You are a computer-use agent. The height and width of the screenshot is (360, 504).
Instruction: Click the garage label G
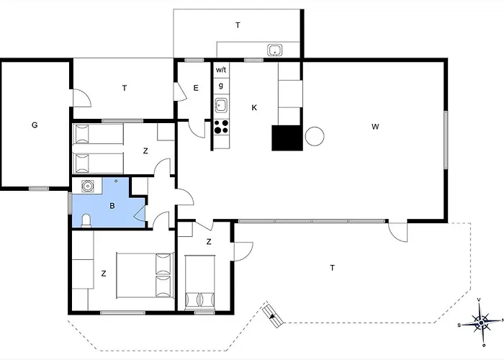(35, 125)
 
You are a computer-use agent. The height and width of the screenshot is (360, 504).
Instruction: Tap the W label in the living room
(375, 127)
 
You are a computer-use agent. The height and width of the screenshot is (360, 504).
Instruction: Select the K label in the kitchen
(254, 108)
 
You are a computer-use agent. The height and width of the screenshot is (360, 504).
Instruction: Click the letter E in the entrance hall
(196, 88)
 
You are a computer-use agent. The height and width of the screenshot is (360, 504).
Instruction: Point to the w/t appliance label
(221, 70)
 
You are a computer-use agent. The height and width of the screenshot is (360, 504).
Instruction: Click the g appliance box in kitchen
(221, 86)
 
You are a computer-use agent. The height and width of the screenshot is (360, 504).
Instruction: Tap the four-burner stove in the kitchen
(222, 126)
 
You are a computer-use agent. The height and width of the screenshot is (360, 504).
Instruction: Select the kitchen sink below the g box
(221, 105)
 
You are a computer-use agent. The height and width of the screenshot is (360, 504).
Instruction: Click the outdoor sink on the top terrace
(275, 50)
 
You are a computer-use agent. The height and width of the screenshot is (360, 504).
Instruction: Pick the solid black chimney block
(287, 138)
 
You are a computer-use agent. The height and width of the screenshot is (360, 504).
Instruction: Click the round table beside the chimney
(315, 137)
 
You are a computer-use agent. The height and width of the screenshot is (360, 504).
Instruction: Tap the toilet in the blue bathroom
(86, 221)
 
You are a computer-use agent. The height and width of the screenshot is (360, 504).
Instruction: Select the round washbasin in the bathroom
(87, 186)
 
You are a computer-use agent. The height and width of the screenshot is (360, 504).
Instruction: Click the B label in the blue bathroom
(112, 206)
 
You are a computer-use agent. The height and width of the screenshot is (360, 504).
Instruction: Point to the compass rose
(481, 322)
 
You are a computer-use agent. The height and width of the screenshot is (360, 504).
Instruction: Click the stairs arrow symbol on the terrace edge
(273, 315)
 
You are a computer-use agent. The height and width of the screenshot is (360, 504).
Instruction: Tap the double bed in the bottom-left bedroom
(145, 276)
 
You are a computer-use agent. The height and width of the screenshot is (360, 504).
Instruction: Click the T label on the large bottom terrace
(333, 268)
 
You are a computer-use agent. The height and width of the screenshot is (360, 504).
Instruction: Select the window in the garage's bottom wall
(39, 189)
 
